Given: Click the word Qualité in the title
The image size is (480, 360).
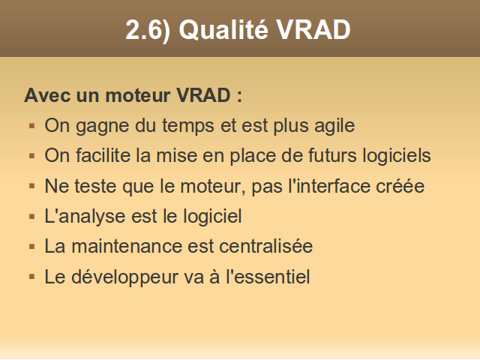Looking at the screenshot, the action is click(223, 31).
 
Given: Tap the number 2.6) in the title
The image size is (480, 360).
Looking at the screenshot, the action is click(148, 30).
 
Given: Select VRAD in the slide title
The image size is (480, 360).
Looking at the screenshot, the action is click(313, 30).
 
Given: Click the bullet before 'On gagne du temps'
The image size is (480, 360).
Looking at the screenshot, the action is click(31, 126).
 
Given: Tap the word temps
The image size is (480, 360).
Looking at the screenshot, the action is click(188, 126).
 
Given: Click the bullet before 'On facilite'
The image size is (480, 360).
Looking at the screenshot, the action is click(31, 156).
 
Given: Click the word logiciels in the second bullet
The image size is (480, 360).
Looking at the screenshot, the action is click(397, 156).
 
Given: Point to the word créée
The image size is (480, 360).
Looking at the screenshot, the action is click(400, 186).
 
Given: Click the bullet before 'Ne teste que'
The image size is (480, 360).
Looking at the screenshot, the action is click(31, 186).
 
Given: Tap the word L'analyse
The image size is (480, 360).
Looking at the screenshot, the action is click(85, 217).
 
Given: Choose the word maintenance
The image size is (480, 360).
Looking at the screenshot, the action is click(127, 247).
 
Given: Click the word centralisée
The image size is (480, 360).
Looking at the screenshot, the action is click(265, 246).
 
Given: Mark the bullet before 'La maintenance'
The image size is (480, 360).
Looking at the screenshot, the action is click(31, 247).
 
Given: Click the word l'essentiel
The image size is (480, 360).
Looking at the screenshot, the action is click(268, 277).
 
